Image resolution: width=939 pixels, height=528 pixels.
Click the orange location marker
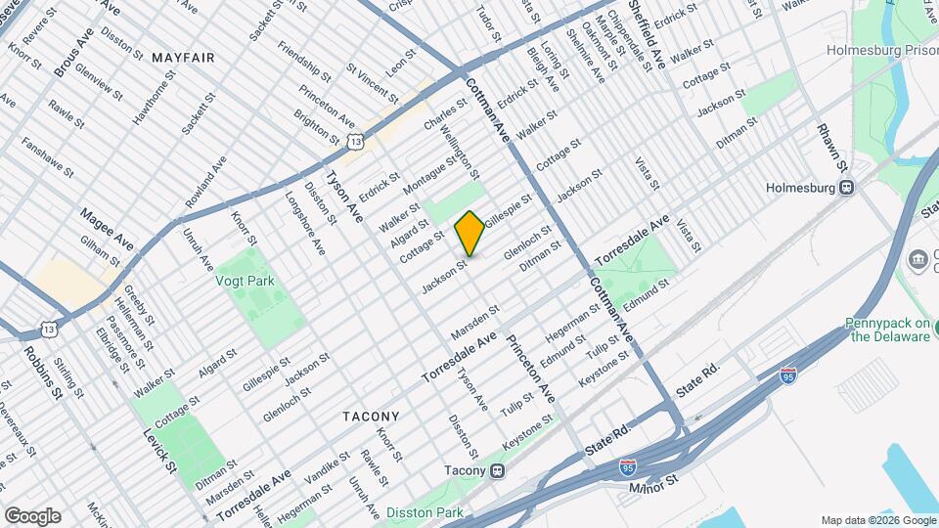coord(469,233)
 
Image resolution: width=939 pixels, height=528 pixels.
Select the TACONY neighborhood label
coord(371,416)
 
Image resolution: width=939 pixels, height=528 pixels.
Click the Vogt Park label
coord(246,282)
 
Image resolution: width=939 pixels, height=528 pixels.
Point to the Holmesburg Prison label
coord(881,49)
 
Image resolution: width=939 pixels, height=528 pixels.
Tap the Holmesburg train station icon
coord(847,187)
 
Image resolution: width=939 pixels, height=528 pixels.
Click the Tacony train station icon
coord(498,470)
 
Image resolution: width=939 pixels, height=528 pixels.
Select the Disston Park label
coord(424,511)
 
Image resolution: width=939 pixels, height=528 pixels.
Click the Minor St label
coord(652,486)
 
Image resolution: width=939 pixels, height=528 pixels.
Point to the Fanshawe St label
coord(47,156)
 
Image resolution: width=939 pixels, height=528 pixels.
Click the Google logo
coord(32,516)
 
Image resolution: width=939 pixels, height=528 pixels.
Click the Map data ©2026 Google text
coord(876,520)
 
